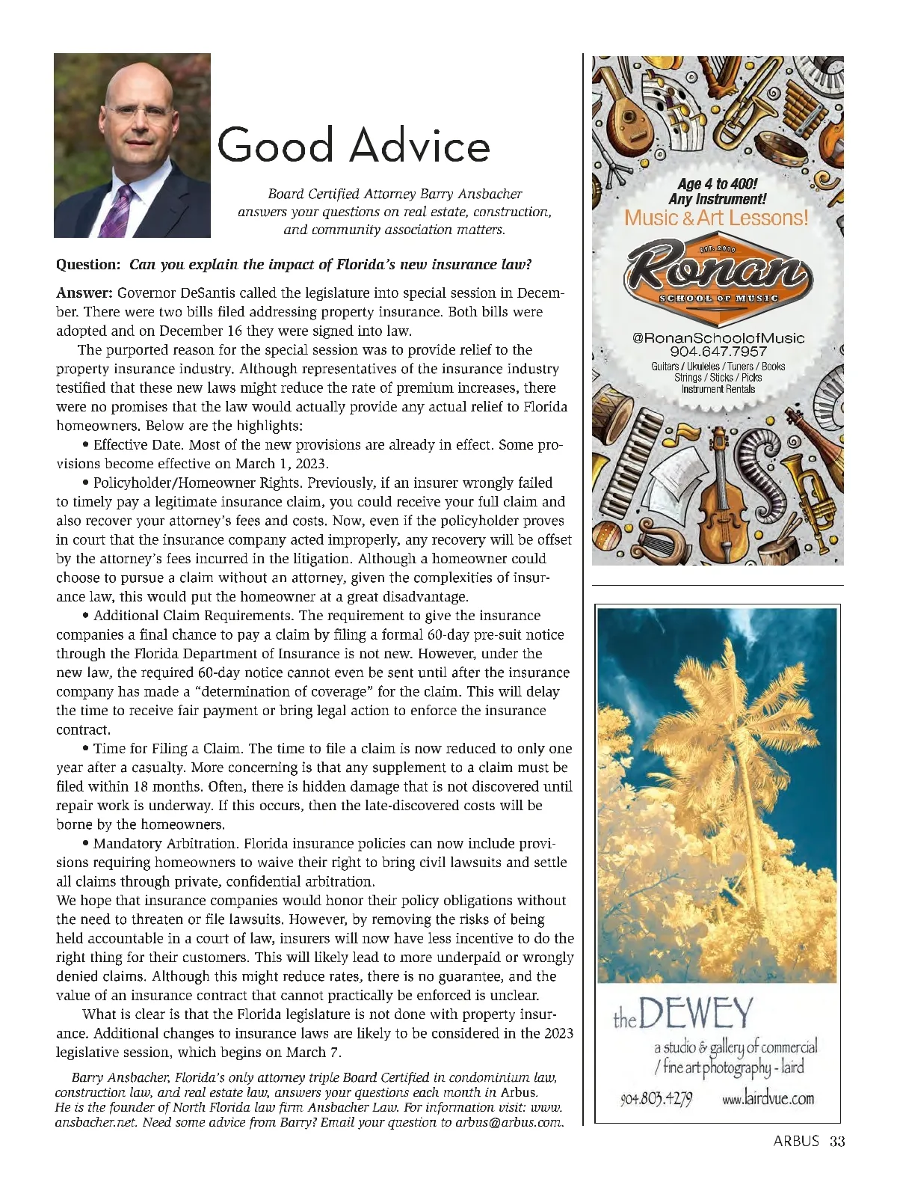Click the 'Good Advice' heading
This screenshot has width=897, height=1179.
[x=353, y=145]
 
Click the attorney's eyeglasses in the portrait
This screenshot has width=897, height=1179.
[x=135, y=113]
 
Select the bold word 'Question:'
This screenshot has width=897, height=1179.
[x=88, y=265]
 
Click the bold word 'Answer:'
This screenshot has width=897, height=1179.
[x=84, y=293]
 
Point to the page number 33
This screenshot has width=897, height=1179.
[x=836, y=1142]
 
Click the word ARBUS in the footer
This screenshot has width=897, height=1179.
[x=796, y=1142]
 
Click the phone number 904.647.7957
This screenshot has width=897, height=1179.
[x=718, y=352]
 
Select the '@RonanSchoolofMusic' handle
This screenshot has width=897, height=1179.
[x=718, y=337]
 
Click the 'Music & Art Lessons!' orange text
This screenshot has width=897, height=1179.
[x=716, y=218]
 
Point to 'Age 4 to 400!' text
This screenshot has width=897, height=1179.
[x=717, y=184]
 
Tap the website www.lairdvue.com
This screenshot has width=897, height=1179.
[x=768, y=1098]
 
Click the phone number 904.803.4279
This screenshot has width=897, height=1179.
[x=656, y=1099]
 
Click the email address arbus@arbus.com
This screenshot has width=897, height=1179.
[x=509, y=1122]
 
